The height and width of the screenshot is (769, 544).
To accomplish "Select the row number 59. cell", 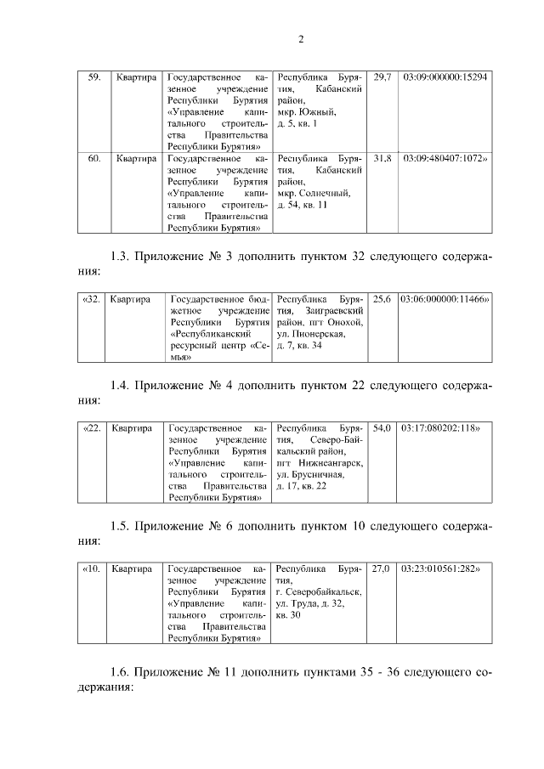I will pyautogui.click(x=95, y=77).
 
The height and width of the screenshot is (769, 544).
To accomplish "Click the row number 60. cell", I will pyautogui.click(x=95, y=158).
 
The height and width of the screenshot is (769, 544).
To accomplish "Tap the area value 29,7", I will pyautogui.click(x=382, y=77).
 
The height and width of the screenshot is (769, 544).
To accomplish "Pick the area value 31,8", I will pyautogui.click(x=382, y=158).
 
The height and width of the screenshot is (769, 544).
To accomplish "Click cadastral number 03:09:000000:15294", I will pyautogui.click(x=445, y=77).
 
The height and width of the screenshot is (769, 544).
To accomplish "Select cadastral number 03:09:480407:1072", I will pyautogui.click(x=445, y=158).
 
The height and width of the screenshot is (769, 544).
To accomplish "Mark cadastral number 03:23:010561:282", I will pyautogui.click(x=442, y=568).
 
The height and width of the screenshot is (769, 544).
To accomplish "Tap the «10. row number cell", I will pyautogui.click(x=93, y=568).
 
